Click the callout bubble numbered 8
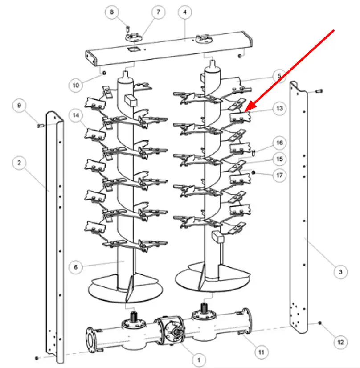(112, 12)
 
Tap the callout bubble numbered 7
(158, 12)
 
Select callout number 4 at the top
(185, 12)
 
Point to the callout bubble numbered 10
(76, 85)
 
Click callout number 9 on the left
(19, 106)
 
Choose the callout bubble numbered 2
(19, 163)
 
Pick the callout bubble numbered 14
(76, 115)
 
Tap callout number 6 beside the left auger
(76, 267)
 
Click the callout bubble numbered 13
(279, 108)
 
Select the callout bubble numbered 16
(279, 143)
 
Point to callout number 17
(279, 175)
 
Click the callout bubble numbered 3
(340, 272)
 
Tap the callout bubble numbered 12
(340, 343)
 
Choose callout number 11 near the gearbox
(262, 352)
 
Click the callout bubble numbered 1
(199, 360)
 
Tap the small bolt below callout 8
(128, 29)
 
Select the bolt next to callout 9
(41, 126)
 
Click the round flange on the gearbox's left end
(90, 339)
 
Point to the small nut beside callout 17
(253, 173)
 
